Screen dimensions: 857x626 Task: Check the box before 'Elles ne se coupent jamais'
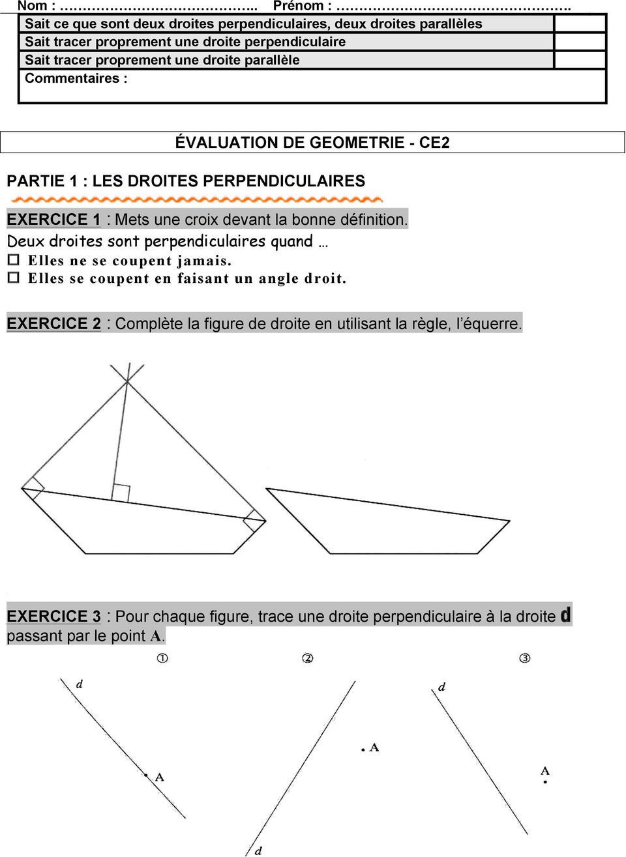[13, 260]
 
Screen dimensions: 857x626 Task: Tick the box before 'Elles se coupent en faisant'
[13, 278]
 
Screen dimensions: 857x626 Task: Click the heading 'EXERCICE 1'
[53, 220]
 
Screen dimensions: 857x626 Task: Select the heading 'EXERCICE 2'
[53, 323]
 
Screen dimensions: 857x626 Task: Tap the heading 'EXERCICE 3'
[53, 616]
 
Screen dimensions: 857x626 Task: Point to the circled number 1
[162, 658]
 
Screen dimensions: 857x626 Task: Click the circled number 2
[308, 658]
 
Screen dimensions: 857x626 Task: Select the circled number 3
[525, 658]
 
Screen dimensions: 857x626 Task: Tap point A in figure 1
[146, 775]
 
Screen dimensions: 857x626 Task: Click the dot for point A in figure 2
[363, 750]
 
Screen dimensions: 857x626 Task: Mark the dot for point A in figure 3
[545, 781]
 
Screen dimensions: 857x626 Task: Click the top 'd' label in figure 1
[80, 684]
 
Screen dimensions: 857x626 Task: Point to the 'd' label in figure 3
[441, 687]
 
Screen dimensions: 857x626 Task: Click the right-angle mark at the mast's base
[121, 493]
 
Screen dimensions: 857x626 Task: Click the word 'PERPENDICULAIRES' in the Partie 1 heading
[284, 181]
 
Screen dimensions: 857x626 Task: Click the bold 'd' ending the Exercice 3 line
[565, 615]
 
